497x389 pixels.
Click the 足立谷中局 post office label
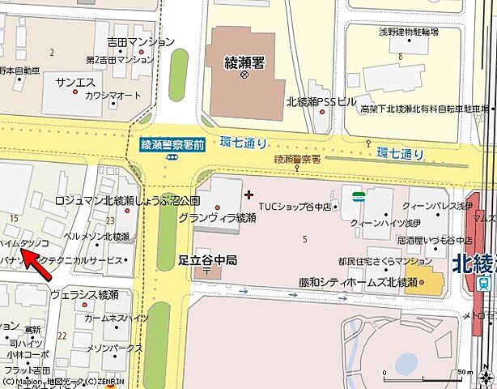click(x=207, y=261)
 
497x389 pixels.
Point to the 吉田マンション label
click(x=140, y=42)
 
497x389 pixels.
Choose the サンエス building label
click(x=74, y=83)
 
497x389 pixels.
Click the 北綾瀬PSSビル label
click(x=321, y=102)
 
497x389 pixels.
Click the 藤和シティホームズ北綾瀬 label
click(x=357, y=282)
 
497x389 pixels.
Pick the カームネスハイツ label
click(x=116, y=318)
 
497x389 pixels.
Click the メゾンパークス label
click(x=115, y=348)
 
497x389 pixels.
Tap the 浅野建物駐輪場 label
click(x=409, y=32)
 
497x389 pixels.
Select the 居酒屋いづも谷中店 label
click(x=434, y=241)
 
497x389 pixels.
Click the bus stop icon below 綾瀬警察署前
click(x=173, y=159)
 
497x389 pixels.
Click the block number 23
click(x=108, y=220)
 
